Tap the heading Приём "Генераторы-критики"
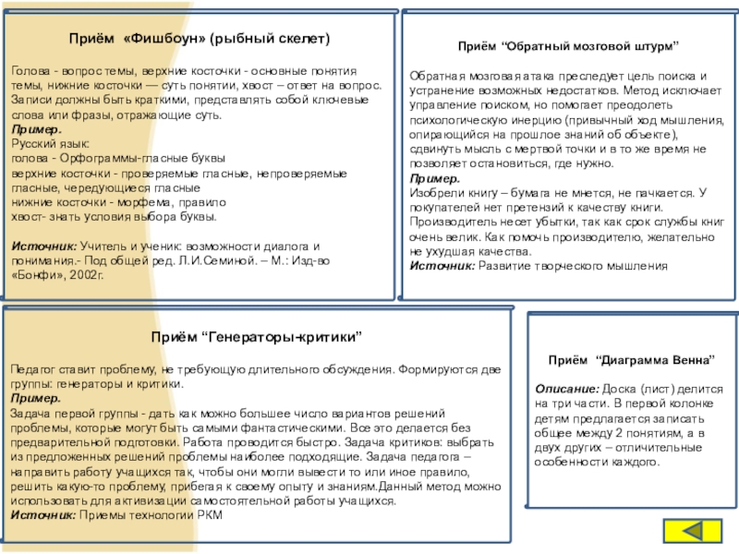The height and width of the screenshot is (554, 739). pyautogui.click(x=256, y=338)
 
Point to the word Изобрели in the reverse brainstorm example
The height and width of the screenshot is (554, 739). pyautogui.click(x=435, y=192)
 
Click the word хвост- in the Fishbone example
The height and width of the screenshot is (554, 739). pyautogui.click(x=28, y=217)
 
